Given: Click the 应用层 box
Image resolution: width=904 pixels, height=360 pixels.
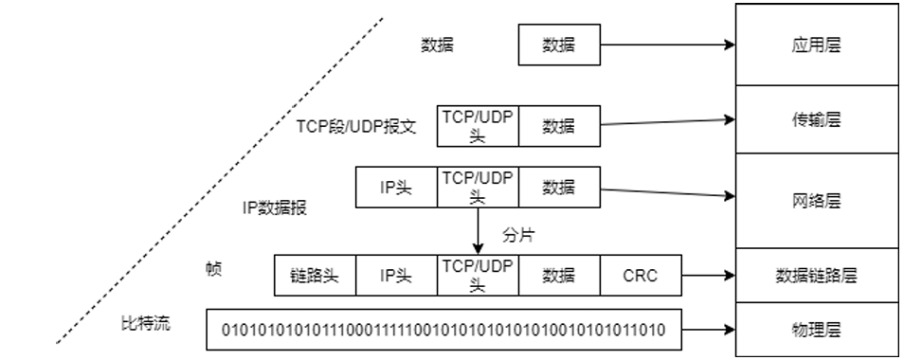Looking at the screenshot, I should click(817, 44).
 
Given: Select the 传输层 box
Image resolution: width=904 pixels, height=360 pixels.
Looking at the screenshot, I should click(817, 120).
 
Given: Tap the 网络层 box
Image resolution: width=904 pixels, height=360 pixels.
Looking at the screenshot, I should click(817, 202).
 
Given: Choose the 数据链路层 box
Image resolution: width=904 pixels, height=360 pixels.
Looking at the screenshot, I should click(817, 276).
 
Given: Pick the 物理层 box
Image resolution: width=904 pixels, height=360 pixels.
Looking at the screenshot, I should click(817, 329).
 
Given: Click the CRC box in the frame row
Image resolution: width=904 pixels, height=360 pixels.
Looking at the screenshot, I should click(640, 276).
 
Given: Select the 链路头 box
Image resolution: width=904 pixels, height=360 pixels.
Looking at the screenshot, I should click(315, 276).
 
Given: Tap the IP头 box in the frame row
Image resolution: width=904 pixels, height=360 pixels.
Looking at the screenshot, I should click(396, 276).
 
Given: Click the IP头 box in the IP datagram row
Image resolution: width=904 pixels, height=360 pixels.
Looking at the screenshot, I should click(396, 188).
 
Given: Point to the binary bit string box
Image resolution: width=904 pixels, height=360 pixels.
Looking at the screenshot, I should click(443, 330).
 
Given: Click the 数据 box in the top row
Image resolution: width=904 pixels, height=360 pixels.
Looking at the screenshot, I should click(559, 45).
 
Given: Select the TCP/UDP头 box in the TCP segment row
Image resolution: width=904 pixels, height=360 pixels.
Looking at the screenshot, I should click(477, 125).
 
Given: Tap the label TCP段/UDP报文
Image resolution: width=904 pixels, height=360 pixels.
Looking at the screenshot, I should click(356, 126).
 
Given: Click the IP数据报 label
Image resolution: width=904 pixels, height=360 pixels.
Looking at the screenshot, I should click(275, 207).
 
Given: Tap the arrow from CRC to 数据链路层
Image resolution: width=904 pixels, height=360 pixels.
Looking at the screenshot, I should click(709, 276).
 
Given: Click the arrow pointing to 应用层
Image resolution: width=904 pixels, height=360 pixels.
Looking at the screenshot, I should click(668, 45).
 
